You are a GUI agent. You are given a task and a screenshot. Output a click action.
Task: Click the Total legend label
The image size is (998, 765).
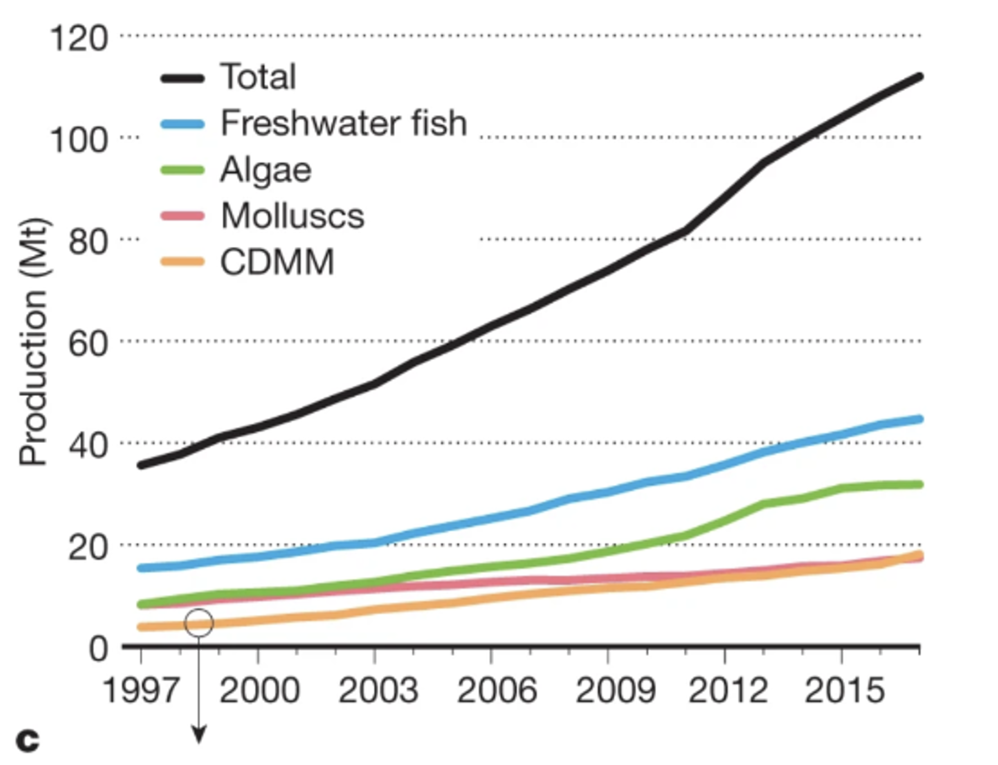pos(258,77)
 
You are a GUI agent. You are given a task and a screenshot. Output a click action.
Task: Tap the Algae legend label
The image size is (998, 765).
pos(266,170)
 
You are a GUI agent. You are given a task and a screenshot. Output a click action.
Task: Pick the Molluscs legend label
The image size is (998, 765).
pos(292,216)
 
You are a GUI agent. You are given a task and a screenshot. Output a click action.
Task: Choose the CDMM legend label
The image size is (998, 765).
pos(277,262)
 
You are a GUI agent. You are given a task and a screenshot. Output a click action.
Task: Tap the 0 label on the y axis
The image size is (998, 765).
pos(99,649)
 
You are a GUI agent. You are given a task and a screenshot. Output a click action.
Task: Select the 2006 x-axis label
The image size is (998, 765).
pos(496,690)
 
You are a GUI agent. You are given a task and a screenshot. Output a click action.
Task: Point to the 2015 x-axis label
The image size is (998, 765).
pos(844,690)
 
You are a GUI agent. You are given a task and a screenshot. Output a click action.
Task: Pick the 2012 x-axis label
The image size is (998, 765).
pos(728,690)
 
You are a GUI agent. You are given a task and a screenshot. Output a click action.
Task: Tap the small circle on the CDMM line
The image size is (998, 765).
pos(199,623)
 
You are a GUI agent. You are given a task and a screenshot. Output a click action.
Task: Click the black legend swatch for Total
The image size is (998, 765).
pos(182,78)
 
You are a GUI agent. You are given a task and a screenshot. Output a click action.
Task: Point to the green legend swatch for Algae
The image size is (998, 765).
pos(182,170)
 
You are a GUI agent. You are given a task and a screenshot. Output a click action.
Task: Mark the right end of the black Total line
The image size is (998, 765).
pos(919,77)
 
